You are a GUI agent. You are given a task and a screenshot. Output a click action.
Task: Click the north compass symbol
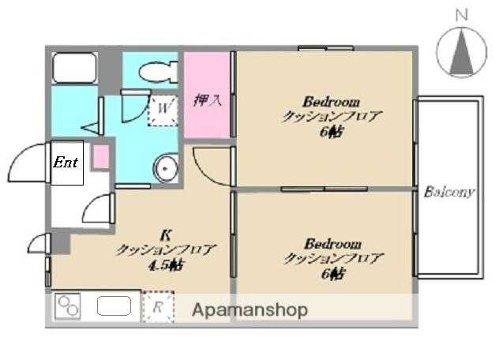pos(461,51)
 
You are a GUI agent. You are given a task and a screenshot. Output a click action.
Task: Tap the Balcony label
pos(448,192)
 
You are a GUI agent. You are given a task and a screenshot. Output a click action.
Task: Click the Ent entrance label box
pos(66,163)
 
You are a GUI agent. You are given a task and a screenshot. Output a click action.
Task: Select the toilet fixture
pos(158,73)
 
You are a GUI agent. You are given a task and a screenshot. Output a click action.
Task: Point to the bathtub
pos(74,69)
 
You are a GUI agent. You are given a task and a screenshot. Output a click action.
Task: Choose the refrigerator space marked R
pos(157,308)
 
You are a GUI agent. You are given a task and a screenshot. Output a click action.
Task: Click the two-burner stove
pos(67,306)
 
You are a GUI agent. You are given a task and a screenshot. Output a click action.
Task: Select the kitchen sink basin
pos(115,306)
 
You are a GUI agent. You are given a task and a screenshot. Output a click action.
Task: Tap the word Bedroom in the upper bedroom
pos(332,102)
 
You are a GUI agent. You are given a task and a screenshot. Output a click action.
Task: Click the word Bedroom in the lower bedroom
pos(332,242)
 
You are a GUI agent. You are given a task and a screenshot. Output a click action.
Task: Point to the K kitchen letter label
pos(166,234)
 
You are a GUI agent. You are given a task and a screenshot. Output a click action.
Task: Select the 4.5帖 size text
pos(166,265)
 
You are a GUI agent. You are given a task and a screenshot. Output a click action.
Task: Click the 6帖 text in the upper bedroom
pos(332,132)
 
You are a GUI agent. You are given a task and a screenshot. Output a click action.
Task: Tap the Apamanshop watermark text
pos(250,310)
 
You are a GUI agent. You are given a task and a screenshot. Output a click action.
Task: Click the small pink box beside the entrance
pos(100,156)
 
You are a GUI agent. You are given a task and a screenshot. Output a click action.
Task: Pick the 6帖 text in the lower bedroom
pos(332,273)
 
